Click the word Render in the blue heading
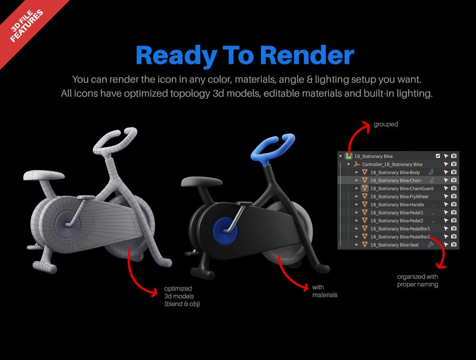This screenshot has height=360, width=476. [307, 55]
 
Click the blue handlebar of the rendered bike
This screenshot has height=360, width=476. [271, 147]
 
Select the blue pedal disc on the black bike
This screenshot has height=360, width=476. [225, 231]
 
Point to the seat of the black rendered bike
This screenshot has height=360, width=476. [201, 182]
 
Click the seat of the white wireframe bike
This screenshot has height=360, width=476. [44, 175]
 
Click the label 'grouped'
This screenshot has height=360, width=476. [386, 124]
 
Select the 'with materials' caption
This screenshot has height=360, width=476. [325, 291]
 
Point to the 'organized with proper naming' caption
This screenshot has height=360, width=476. [417, 280]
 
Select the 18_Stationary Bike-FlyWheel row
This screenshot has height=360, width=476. [399, 197]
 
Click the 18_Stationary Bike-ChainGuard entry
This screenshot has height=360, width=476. [402, 189]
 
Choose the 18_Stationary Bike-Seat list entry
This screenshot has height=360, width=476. [394, 245]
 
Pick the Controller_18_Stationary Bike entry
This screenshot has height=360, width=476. [392, 164]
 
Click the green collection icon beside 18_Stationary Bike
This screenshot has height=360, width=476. [348, 156]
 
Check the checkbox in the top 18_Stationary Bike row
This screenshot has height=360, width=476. [438, 156]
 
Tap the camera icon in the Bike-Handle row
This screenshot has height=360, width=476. [454, 204]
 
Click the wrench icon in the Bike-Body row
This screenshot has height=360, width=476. [431, 172]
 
